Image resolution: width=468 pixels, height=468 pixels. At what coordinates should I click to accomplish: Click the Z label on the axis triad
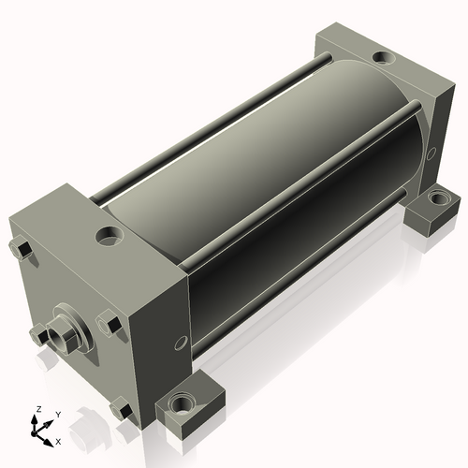(39, 409)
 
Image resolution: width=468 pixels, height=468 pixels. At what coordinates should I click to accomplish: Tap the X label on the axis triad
(58, 442)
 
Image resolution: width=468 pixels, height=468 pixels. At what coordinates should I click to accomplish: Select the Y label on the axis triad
(58, 415)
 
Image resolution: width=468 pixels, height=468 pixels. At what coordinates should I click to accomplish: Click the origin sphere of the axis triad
(34, 433)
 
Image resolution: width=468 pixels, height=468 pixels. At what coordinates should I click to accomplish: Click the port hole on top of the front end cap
(110, 236)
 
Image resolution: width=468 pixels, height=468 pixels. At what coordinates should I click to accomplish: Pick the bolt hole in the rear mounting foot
(437, 197)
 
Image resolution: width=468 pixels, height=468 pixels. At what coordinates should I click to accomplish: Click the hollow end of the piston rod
(58, 336)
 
